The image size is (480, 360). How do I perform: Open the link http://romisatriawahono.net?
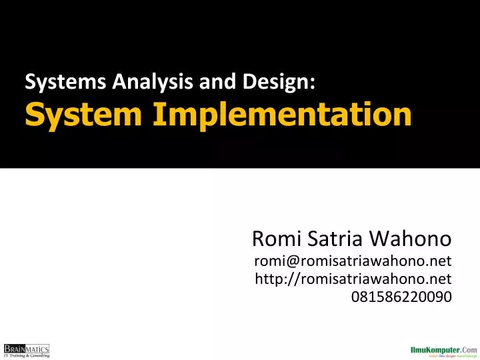[x=353, y=278]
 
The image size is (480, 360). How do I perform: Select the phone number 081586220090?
[x=401, y=296]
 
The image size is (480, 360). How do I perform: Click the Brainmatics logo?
[x=27, y=348]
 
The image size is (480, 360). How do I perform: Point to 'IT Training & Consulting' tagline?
[x=27, y=355]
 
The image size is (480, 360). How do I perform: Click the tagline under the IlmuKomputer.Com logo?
[x=448, y=356]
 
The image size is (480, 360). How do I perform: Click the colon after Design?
[x=313, y=84]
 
